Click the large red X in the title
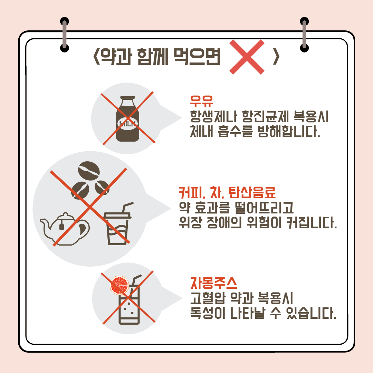tap(247, 57)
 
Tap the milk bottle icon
tap(127, 119)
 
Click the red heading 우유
tap(201, 101)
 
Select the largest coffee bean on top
tap(89, 171)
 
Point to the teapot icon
tap(65, 229)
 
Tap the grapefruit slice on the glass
tap(119, 285)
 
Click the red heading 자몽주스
tap(214, 283)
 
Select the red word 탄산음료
tap(252, 193)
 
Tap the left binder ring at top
tap(65, 35)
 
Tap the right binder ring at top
tap(304, 35)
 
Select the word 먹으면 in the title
tap(197, 57)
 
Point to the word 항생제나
tap(213, 117)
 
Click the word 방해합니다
tap(289, 131)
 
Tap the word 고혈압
tap(208, 298)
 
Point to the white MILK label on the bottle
tap(127, 123)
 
